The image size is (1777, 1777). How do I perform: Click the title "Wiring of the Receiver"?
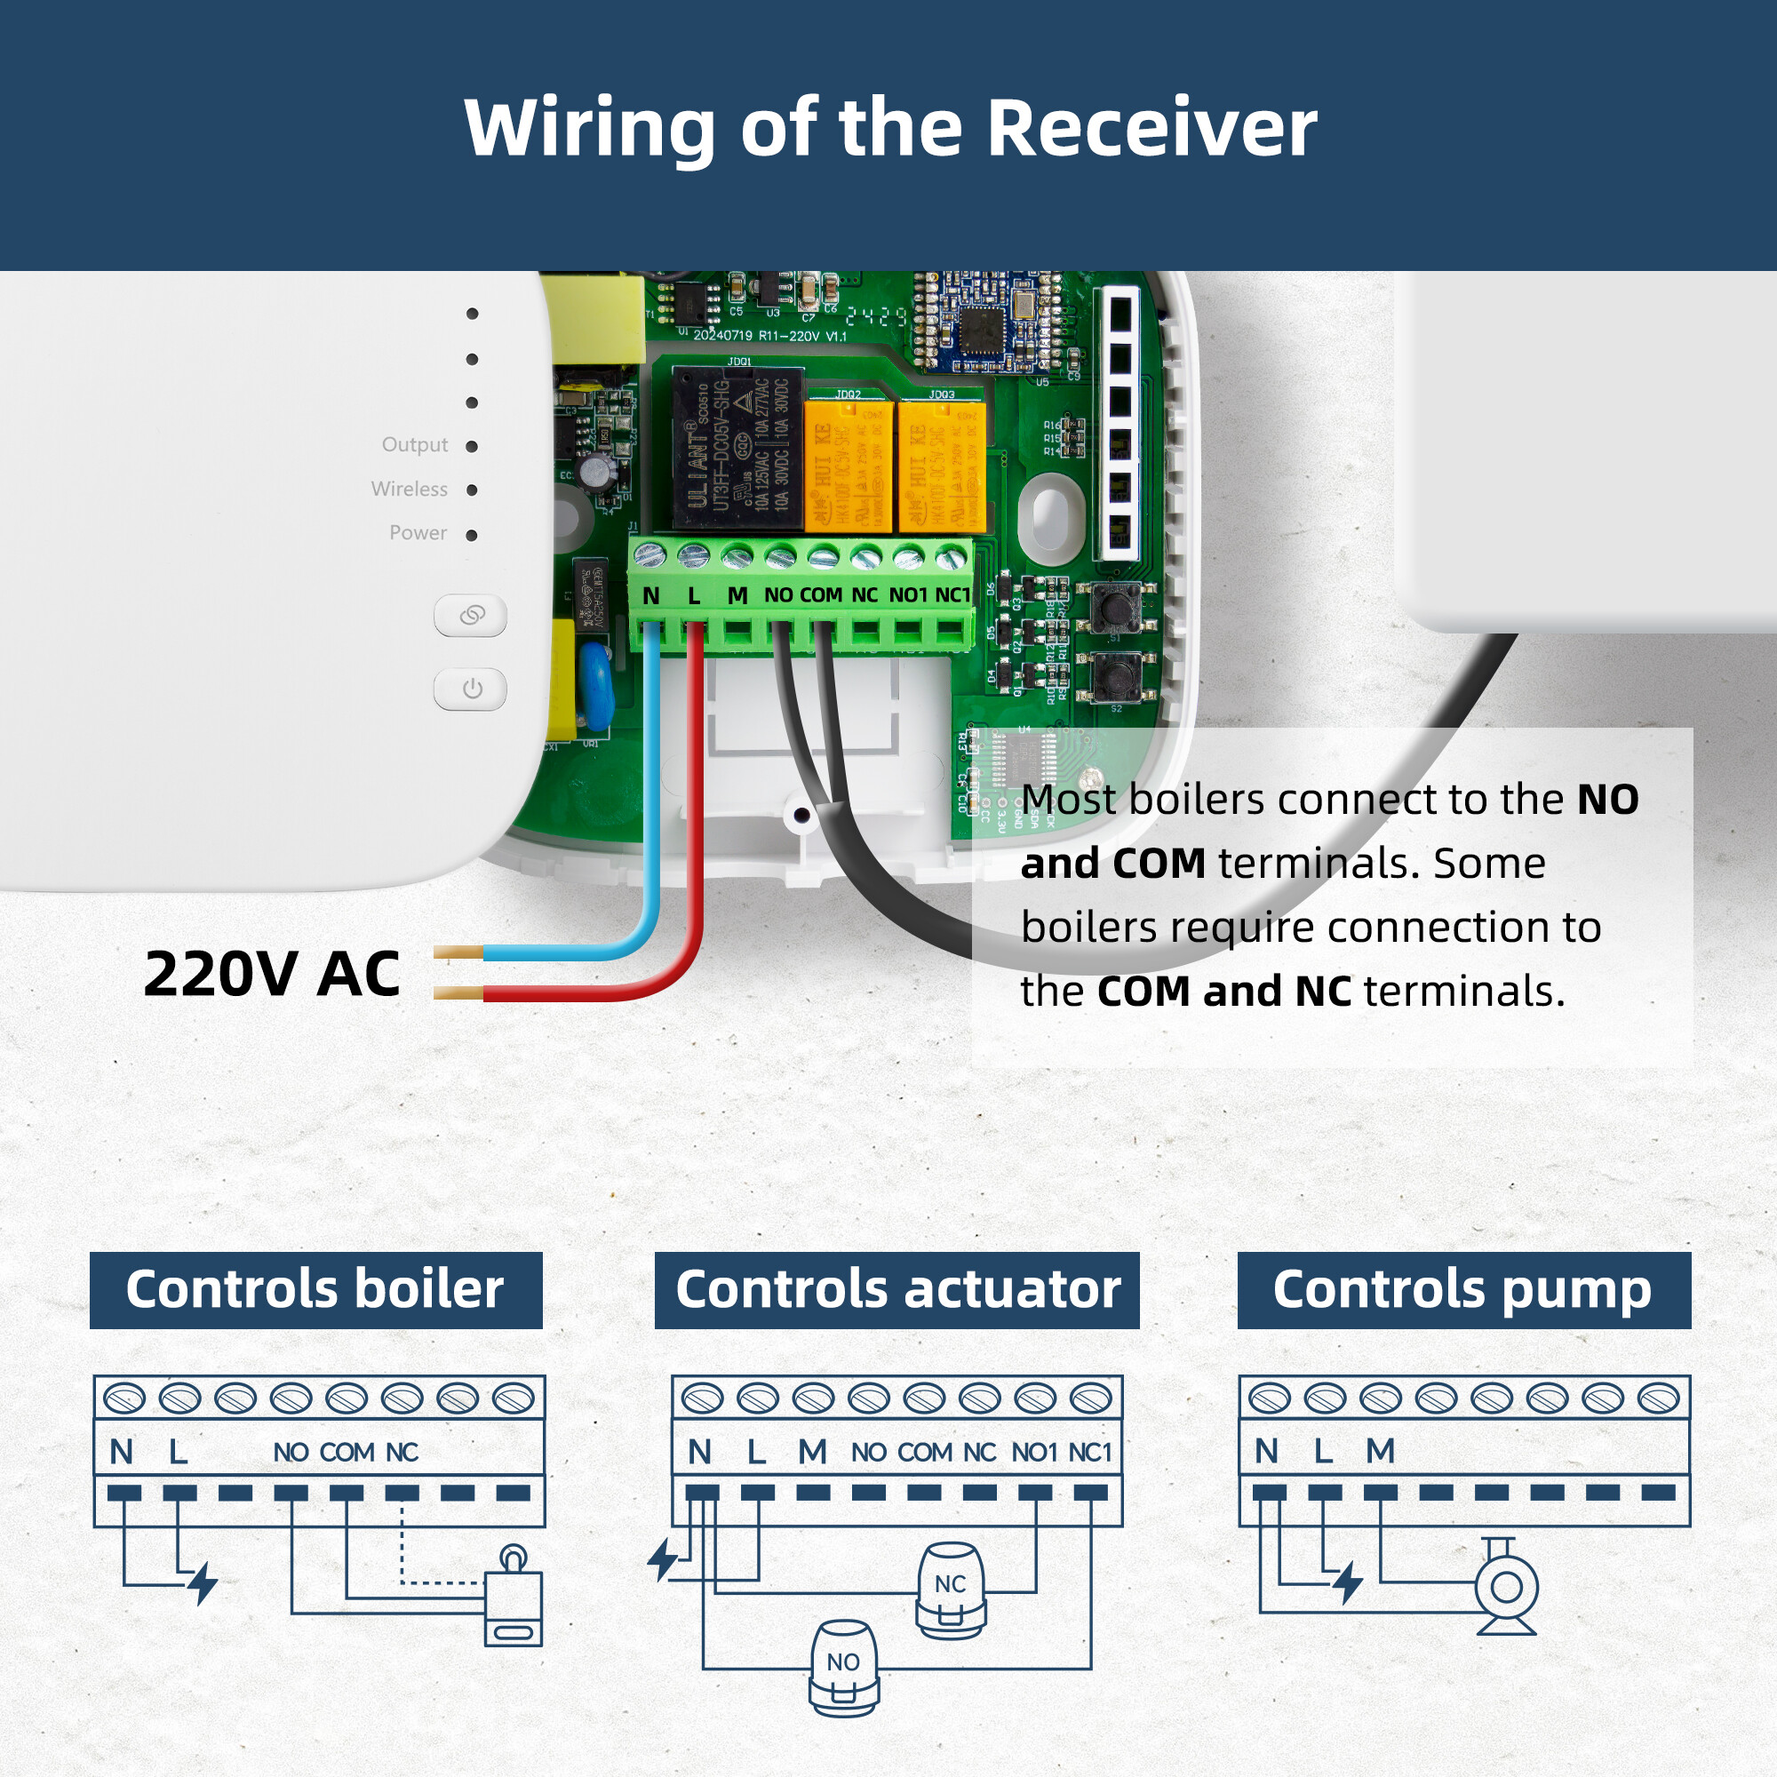pos(889,128)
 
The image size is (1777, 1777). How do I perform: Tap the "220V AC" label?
pos(272,974)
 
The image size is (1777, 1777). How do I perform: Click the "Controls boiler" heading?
pos(315,1289)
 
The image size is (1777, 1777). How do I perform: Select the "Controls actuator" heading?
pos(896,1289)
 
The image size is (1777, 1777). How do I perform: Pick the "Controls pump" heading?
pos(1462,1289)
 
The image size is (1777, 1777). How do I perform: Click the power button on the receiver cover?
pos(471,689)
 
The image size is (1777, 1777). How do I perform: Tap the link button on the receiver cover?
pos(471,615)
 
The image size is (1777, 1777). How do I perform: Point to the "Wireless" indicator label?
pos(410,490)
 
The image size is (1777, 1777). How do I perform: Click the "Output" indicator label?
pos(415,445)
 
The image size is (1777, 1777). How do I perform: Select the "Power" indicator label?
pos(418,533)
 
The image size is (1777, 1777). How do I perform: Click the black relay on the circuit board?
pos(736,449)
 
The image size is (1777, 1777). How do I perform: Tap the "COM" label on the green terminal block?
pos(820,596)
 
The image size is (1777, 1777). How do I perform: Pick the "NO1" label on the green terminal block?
pos(908,596)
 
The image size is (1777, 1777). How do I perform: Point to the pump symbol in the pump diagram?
pos(1506,1587)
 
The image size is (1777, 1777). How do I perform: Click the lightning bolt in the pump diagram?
pos(1348,1583)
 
